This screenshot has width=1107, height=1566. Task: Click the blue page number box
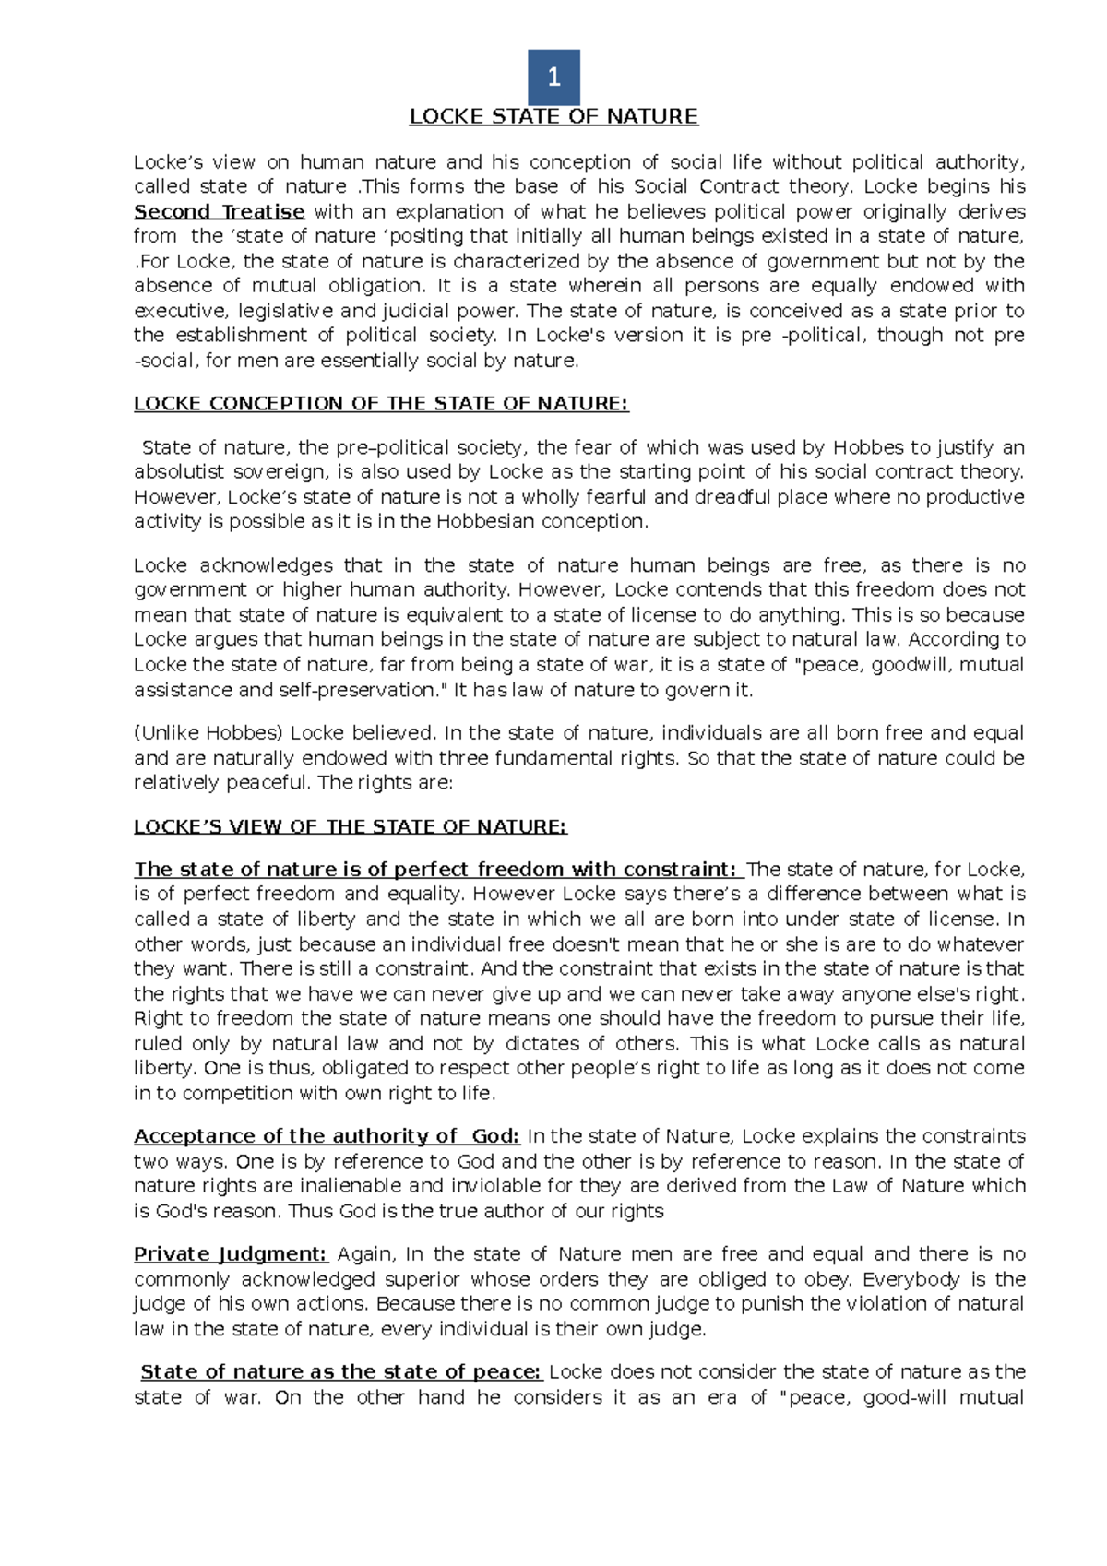tap(553, 77)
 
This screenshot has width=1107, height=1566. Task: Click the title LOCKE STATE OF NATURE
tap(553, 116)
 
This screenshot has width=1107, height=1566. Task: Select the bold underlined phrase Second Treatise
tap(219, 211)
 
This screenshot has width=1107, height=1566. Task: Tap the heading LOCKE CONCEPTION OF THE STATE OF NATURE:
tap(381, 404)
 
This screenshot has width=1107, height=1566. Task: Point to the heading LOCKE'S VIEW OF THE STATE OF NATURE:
tap(351, 826)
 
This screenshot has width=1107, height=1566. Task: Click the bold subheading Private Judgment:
tap(231, 1254)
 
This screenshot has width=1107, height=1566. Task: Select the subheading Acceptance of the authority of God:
tap(327, 1136)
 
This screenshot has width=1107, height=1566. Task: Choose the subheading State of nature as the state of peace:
tap(341, 1372)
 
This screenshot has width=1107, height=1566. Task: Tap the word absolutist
tap(179, 472)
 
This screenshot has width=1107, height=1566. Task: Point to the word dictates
tap(542, 1044)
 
